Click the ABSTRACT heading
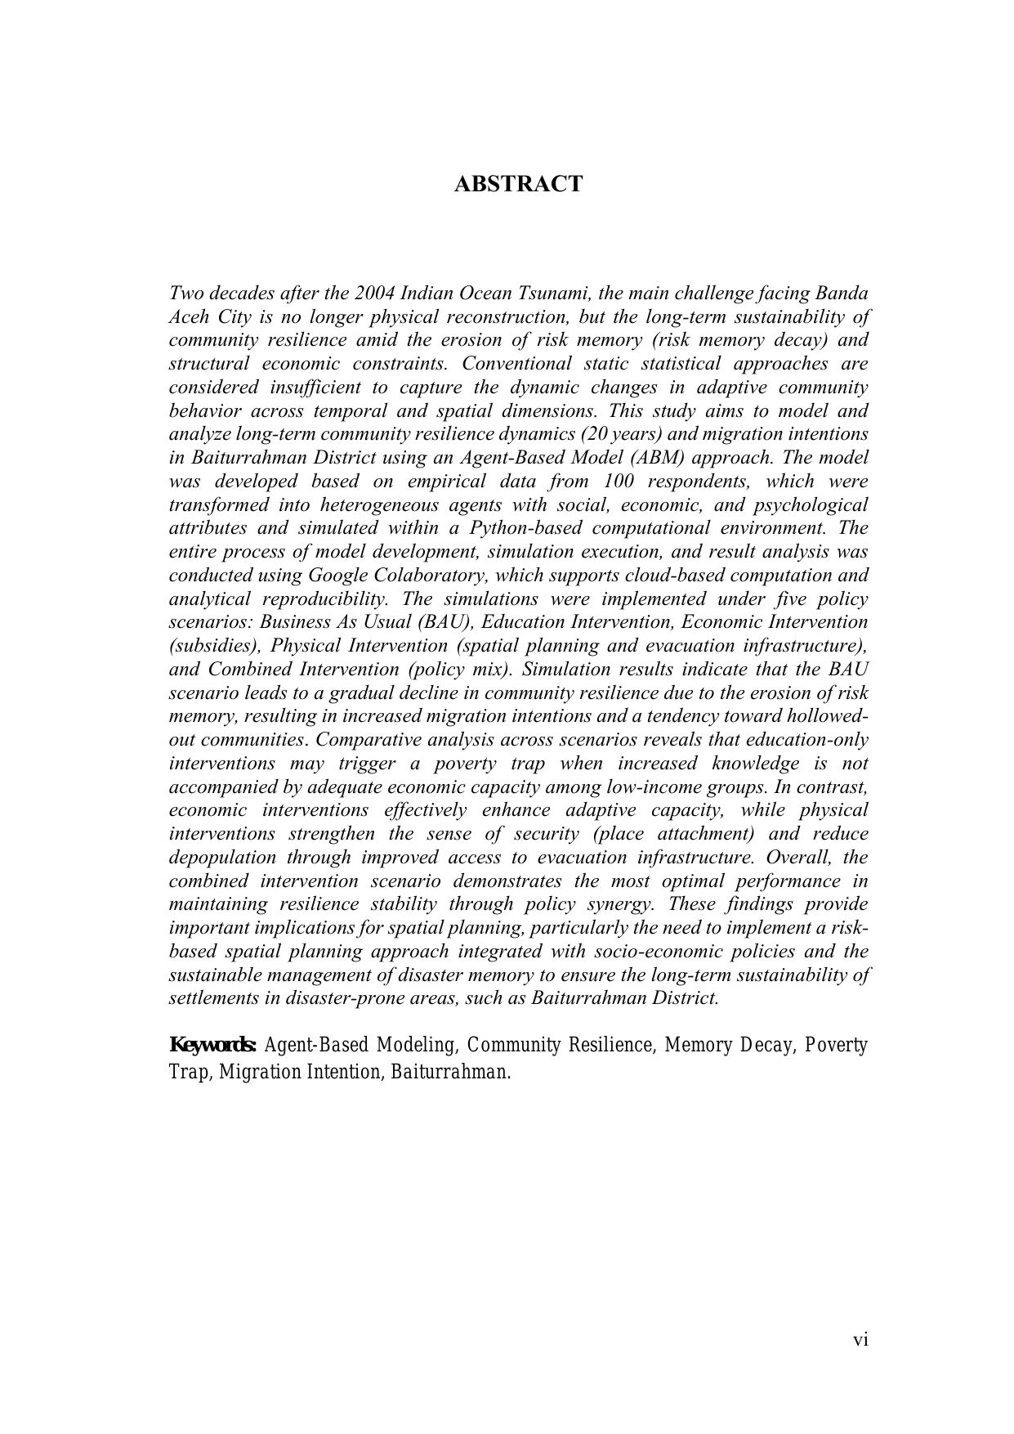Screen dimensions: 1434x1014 (518, 185)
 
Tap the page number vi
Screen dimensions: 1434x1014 (860, 1339)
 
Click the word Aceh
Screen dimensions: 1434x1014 (190, 317)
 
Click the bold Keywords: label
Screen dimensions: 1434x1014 (213, 1046)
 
